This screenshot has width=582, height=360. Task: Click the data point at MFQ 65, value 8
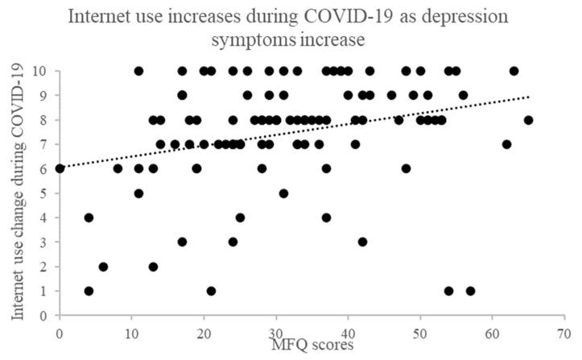pyautogui.click(x=528, y=120)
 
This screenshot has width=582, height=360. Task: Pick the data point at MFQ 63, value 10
pyautogui.click(x=514, y=71)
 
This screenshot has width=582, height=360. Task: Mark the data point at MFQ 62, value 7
pyautogui.click(x=506, y=144)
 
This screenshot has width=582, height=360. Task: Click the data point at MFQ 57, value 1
pyautogui.click(x=470, y=291)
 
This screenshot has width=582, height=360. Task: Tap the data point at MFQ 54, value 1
pyautogui.click(x=448, y=291)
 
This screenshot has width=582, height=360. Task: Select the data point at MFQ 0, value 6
pyautogui.click(x=60, y=168)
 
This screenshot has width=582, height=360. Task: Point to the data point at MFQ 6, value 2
pyautogui.click(x=103, y=267)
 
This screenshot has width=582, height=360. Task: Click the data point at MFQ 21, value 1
pyautogui.click(x=211, y=291)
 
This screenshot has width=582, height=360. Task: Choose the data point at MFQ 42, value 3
pyautogui.click(x=362, y=242)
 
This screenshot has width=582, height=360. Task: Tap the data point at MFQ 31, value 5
pyautogui.click(x=283, y=193)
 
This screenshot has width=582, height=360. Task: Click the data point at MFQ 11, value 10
pyautogui.click(x=138, y=71)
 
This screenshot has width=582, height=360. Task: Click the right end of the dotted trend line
pyautogui.click(x=528, y=97)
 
